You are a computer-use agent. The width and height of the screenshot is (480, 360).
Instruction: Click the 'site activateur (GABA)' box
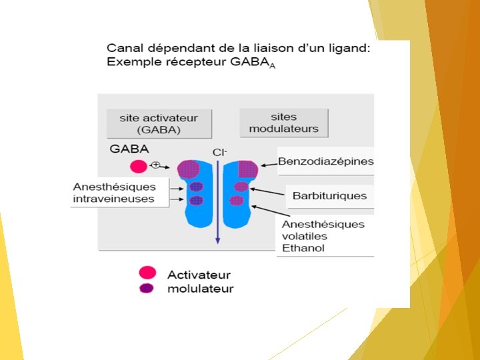[159, 123]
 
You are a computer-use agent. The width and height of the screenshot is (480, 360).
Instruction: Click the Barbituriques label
[329, 196]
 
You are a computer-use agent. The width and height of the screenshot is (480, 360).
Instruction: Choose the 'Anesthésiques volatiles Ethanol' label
[323, 236]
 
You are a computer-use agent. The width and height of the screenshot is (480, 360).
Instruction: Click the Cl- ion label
[219, 152]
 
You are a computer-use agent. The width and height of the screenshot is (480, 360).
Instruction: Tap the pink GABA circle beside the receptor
[139, 166]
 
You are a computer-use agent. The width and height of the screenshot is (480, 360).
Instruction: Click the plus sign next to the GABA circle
[155, 165]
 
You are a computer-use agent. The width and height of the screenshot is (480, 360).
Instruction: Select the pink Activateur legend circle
[147, 272]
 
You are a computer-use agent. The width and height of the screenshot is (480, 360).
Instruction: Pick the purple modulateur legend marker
[147, 288]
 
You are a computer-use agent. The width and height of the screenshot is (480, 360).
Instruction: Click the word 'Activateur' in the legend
[199, 275]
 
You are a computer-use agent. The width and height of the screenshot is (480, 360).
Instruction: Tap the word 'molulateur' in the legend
[200, 289]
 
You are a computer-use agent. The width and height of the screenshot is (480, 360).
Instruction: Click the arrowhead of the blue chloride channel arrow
[217, 241]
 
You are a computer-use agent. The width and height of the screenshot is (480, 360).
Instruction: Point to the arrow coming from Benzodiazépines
[268, 164]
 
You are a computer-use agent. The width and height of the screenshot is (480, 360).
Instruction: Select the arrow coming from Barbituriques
[271, 191]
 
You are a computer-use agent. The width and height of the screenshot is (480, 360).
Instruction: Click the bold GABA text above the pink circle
[129, 149]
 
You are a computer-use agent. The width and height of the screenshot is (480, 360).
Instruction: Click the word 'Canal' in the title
[123, 49]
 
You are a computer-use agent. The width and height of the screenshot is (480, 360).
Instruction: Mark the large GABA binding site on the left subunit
[188, 169]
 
